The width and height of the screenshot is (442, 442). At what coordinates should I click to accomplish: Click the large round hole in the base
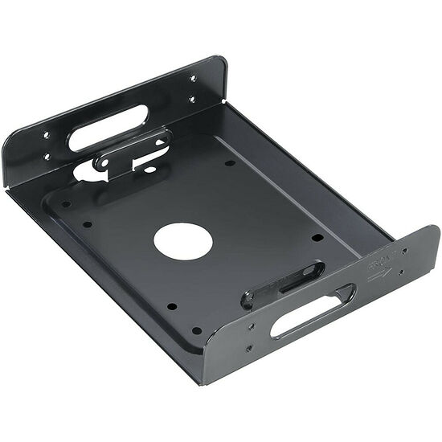(x=182, y=240)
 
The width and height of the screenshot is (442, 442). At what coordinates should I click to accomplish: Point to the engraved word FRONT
(x=379, y=263)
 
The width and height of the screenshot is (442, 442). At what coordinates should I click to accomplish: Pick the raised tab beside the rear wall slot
(x=133, y=149)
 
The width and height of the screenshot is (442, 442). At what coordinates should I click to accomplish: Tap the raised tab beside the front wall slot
(x=281, y=282)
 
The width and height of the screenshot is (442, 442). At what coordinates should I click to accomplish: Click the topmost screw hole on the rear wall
(x=192, y=78)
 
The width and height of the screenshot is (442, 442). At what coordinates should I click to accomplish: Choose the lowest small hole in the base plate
(x=196, y=329)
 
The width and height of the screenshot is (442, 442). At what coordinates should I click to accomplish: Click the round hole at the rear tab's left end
(x=102, y=161)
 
